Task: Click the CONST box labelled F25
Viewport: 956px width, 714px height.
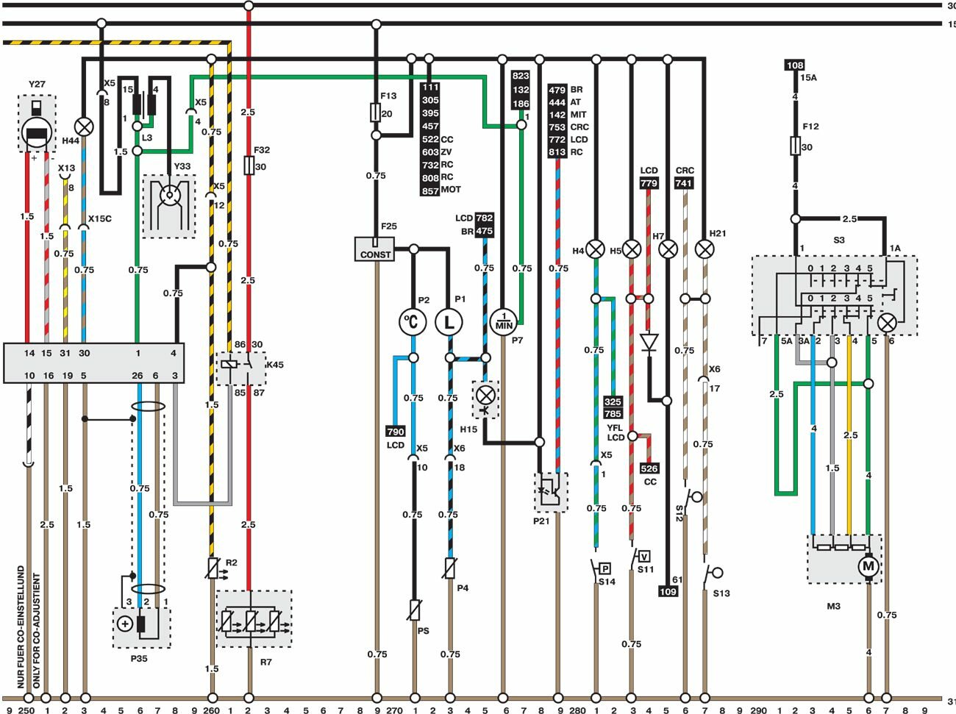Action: pos(375,249)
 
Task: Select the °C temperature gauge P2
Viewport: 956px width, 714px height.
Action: pos(413,321)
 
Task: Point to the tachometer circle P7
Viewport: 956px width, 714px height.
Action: pos(504,321)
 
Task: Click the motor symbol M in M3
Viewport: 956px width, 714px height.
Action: pos(868,566)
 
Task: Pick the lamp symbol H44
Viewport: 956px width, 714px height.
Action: pos(85,126)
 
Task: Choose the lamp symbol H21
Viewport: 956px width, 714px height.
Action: pos(704,249)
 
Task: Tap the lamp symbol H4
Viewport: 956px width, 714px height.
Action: pos(595,249)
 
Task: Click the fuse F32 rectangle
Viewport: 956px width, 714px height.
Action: pos(249,165)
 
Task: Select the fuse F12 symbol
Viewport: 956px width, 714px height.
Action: pos(795,146)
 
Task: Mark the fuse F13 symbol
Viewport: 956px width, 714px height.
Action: pos(376,113)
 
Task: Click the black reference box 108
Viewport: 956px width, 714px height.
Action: pos(795,65)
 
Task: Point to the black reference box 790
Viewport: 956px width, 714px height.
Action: pos(395,432)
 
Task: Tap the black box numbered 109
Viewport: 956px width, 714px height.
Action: pos(668,591)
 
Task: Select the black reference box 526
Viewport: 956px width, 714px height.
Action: pos(649,468)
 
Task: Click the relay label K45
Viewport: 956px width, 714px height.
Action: pos(274,365)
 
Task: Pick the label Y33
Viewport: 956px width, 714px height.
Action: pos(182,166)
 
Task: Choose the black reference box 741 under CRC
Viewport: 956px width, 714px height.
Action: pos(684,183)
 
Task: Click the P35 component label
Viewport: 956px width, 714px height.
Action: pos(139,658)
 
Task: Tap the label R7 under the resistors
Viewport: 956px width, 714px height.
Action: pos(265,662)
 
